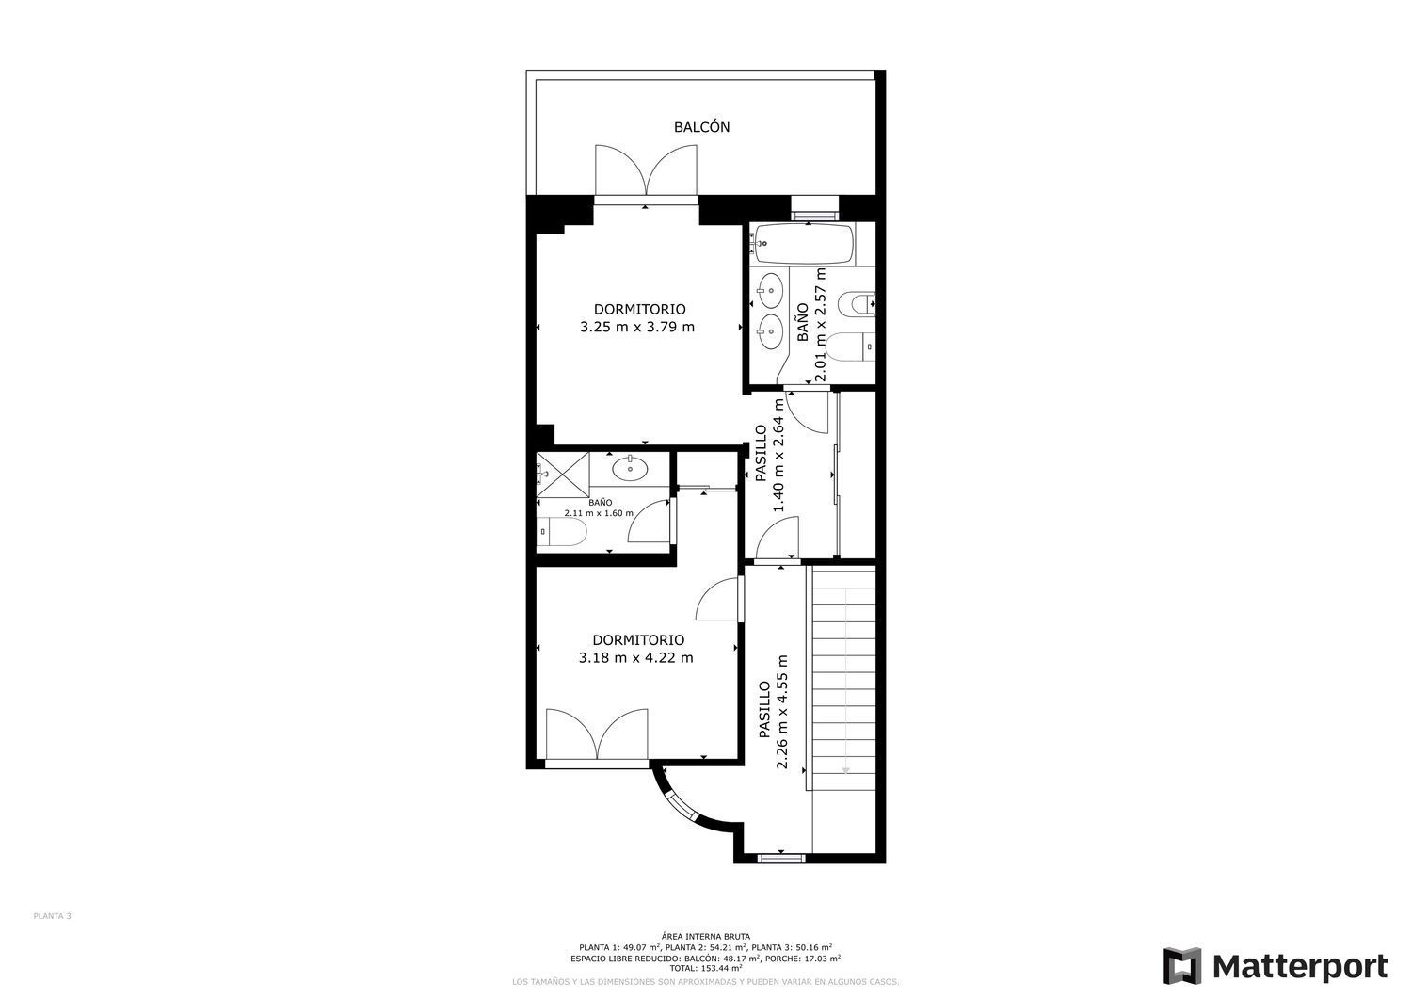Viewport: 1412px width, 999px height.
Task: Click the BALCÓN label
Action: (701, 127)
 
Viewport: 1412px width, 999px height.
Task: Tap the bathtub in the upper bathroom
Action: (804, 244)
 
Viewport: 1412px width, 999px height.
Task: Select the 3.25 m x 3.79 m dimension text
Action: (637, 327)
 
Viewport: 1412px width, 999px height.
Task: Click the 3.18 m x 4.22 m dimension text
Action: (636, 658)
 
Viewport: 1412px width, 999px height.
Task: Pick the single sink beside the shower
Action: (630, 469)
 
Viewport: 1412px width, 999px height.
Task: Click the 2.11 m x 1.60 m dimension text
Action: (599, 513)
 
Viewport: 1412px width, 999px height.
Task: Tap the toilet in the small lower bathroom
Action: (563, 532)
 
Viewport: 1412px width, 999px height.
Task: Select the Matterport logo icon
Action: (1182, 965)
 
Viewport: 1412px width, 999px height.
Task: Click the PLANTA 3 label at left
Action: (53, 916)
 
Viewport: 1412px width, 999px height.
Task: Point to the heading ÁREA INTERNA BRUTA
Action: (706, 937)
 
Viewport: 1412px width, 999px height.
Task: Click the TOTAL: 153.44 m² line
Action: (706, 968)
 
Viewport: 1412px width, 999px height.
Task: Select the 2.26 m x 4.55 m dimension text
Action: (782, 712)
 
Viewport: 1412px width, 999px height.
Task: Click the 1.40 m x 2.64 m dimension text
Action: (778, 455)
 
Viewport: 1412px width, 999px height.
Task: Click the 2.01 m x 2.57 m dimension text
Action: (820, 325)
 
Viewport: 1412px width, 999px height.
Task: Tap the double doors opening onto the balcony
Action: (646, 169)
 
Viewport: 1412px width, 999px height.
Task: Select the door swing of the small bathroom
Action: (650, 521)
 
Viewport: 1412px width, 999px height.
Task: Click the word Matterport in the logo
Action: (1300, 966)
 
